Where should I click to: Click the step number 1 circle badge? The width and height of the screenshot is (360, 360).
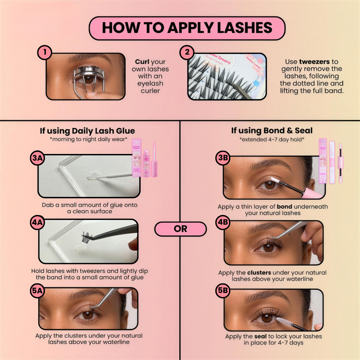[45, 53]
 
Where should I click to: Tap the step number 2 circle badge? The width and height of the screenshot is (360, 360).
[187, 53]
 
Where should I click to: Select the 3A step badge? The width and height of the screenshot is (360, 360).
[37, 159]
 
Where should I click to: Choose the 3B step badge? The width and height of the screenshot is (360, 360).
[222, 159]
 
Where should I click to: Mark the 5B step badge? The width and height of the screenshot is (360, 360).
[222, 291]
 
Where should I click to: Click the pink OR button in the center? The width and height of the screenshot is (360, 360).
[180, 229]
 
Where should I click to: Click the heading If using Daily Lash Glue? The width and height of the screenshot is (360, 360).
[88, 131]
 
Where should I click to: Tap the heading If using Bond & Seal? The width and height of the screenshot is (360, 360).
[272, 131]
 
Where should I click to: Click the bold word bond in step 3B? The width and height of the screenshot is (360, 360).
[284, 207]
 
